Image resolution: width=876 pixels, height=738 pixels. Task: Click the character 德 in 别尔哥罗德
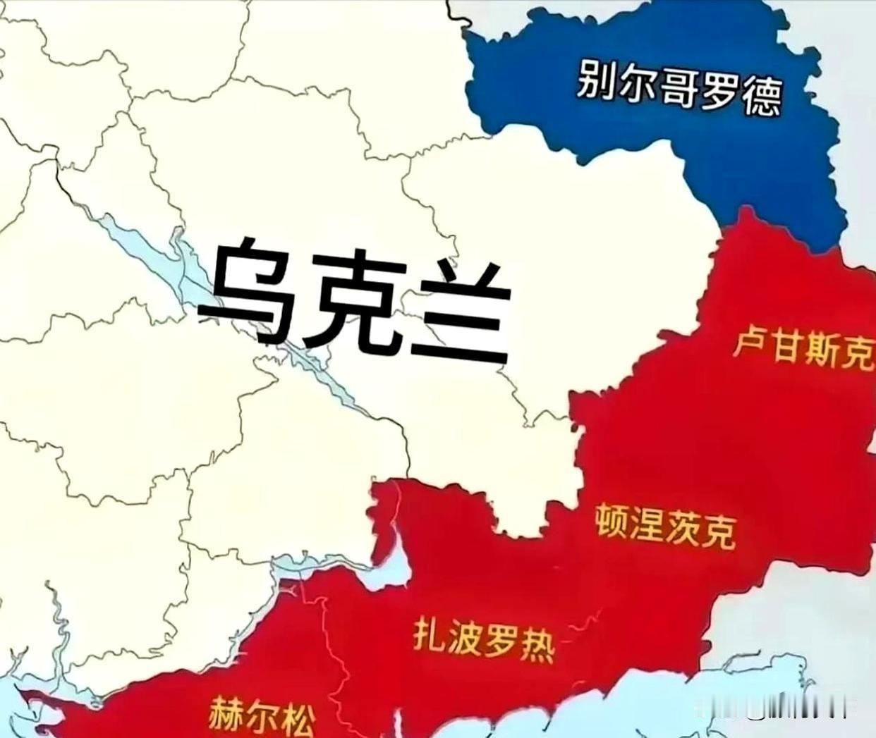click(762, 99)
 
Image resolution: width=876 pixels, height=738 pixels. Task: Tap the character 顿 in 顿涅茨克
click(614, 522)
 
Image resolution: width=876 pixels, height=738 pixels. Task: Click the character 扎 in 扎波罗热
click(430, 636)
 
